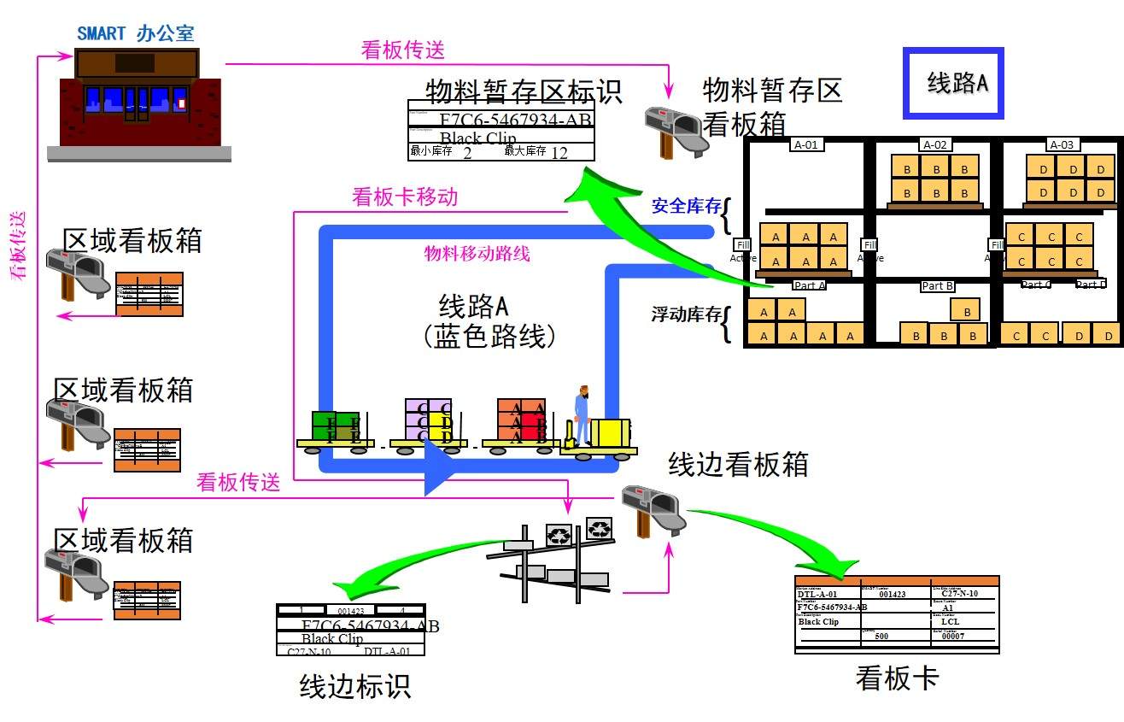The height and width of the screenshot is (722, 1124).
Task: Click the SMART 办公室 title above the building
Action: click(136, 33)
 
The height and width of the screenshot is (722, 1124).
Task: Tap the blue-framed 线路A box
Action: click(953, 83)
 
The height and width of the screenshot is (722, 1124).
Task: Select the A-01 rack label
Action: click(806, 144)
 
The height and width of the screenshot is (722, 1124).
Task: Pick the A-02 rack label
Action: click(935, 144)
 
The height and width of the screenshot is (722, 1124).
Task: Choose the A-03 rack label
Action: click(1063, 144)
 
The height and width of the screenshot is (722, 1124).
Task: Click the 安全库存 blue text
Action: click(686, 206)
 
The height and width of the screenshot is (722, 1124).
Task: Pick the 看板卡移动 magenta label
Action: click(405, 197)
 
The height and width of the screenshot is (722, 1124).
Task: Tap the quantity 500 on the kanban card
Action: click(881, 636)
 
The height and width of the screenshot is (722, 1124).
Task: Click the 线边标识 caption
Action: click(355, 686)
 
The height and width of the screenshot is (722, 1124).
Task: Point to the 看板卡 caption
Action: click(897, 678)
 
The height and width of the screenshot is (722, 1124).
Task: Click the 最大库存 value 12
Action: click(559, 153)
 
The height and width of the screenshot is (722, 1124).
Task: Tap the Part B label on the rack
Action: click(937, 286)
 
